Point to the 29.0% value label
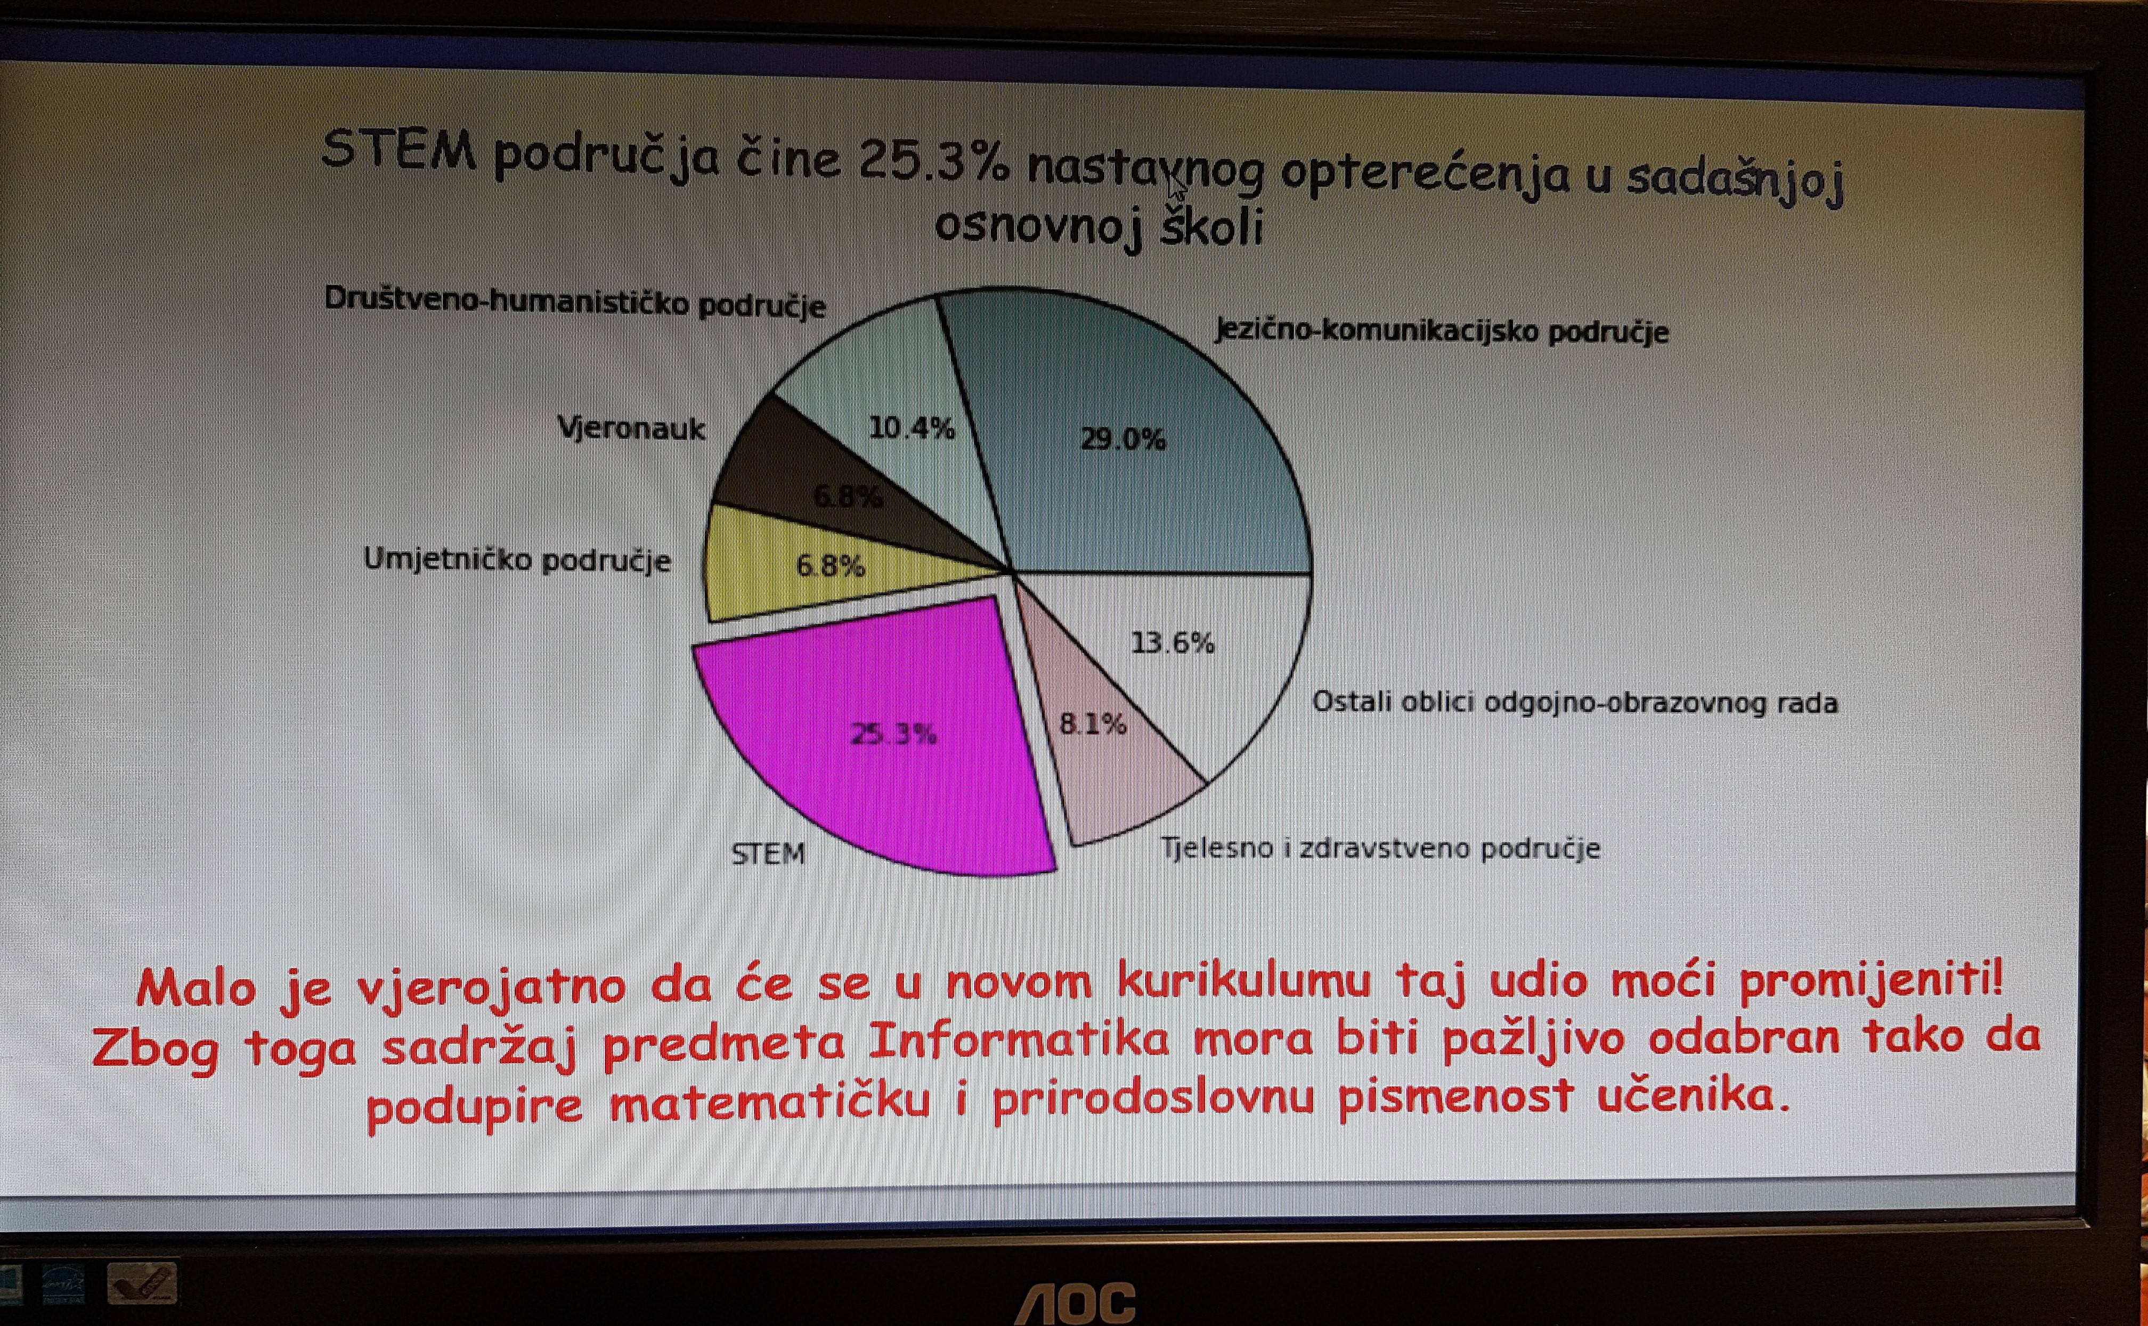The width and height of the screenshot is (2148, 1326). click(x=1123, y=438)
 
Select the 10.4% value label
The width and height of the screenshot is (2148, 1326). click(x=912, y=428)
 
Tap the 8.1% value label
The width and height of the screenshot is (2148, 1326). click(x=1093, y=723)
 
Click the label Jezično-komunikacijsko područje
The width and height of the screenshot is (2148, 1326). click(x=1442, y=331)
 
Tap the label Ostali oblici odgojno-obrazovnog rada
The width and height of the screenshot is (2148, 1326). click(x=1575, y=703)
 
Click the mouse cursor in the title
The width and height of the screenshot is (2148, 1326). click(x=1177, y=187)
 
